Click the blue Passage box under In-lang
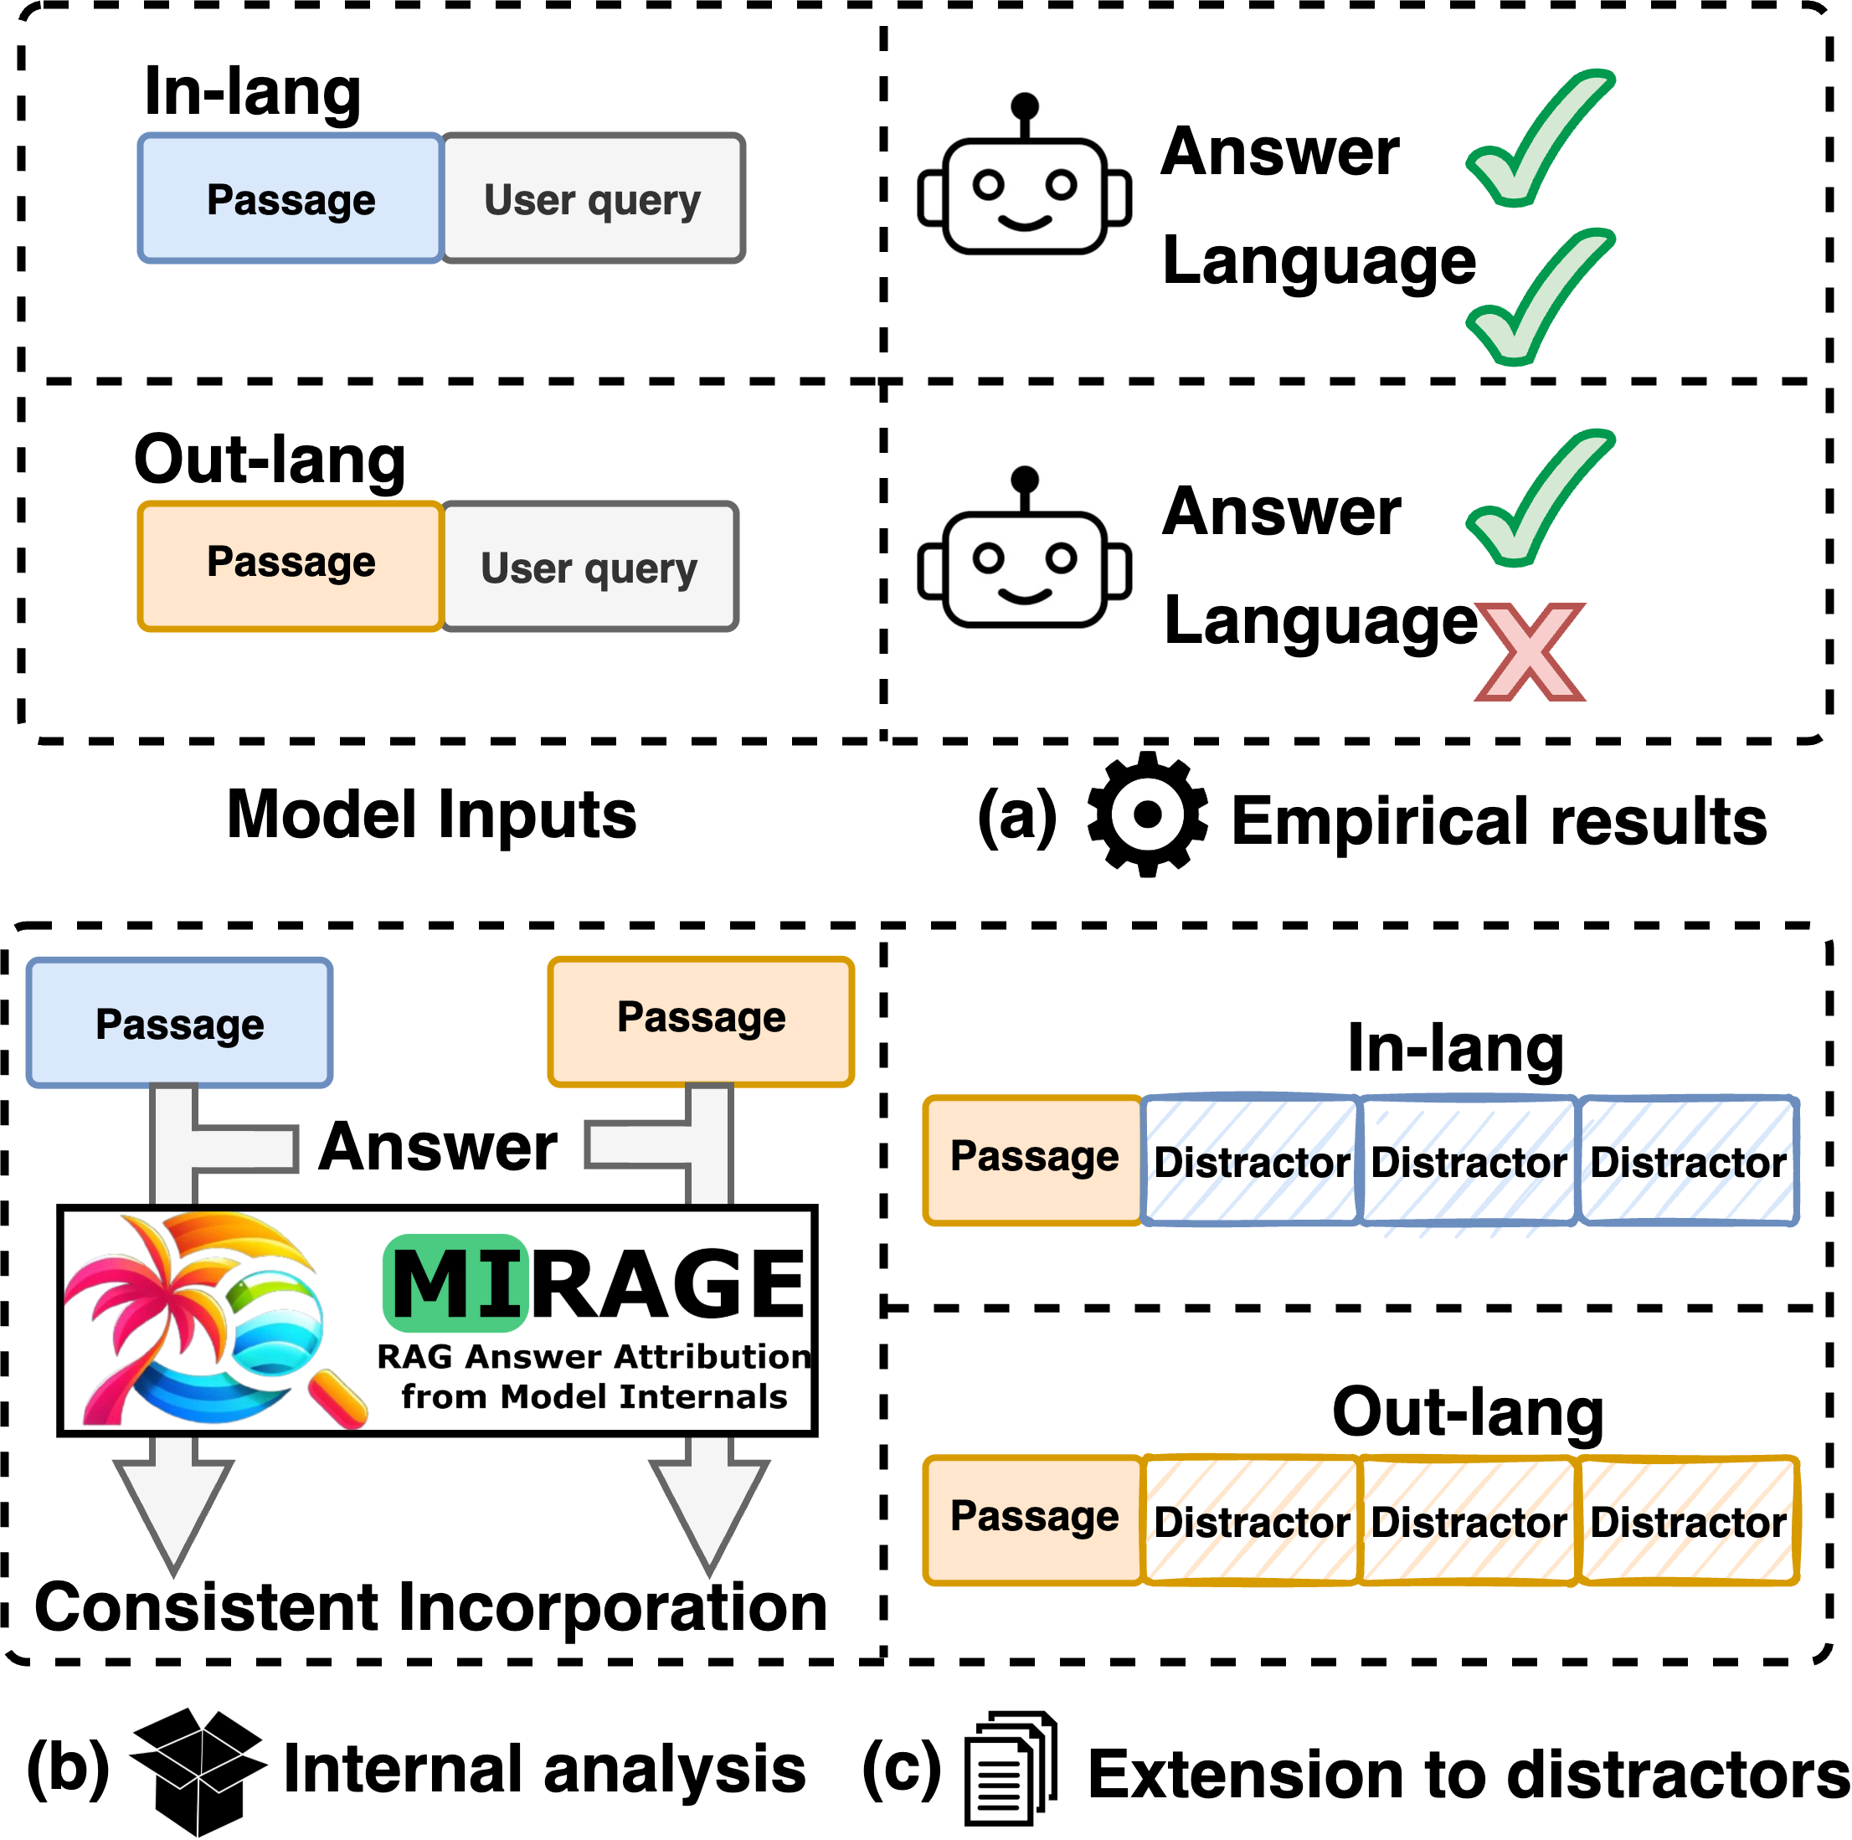pyautogui.click(x=291, y=198)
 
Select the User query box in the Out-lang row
pyautogui.click(x=589, y=567)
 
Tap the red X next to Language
pyautogui.click(x=1530, y=651)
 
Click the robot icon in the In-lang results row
pyautogui.click(x=1024, y=182)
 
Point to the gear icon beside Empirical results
pyautogui.click(x=1146, y=814)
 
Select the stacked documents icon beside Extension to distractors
pyautogui.click(x=1011, y=1769)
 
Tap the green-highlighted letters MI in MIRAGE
pyautogui.click(x=456, y=1284)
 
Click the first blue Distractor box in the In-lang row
pyautogui.click(x=1251, y=1160)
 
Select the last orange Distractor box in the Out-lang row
pyautogui.click(x=1688, y=1521)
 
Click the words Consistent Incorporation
pyautogui.click(x=430, y=1608)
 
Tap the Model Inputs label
pyautogui.click(x=431, y=815)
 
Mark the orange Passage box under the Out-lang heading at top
pyautogui.click(x=291, y=565)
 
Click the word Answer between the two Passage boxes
pyautogui.click(x=438, y=1146)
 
